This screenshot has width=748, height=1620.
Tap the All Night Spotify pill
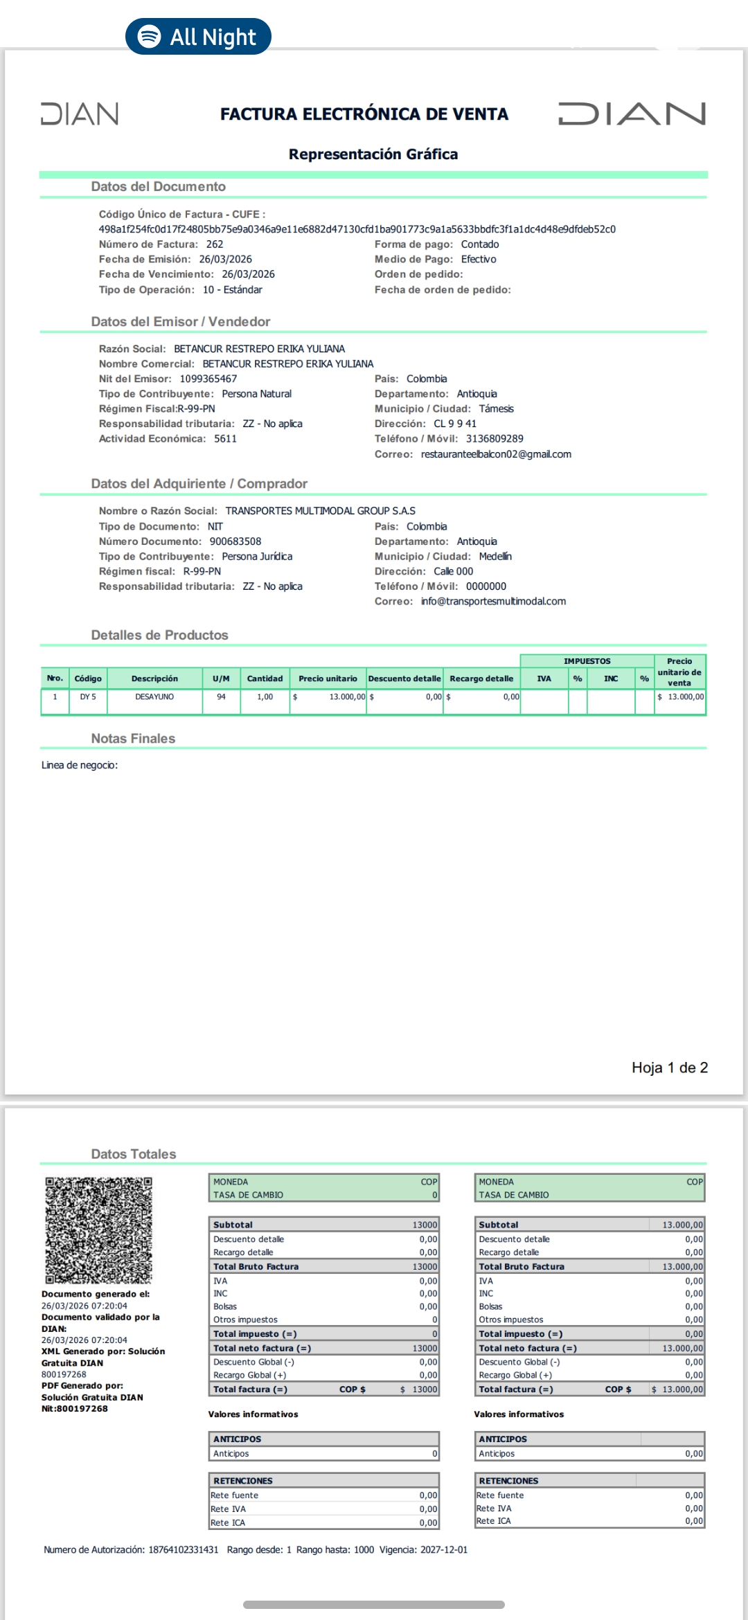point(198,37)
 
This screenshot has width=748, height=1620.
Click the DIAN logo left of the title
point(80,114)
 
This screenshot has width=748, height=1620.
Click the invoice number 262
point(215,244)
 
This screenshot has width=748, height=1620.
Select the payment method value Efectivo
point(479,260)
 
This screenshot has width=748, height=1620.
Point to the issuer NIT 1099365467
point(208,379)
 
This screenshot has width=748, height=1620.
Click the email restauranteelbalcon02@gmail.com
point(496,455)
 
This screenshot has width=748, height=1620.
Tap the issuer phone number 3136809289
point(495,439)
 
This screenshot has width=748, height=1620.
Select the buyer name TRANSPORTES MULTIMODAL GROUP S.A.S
point(320,511)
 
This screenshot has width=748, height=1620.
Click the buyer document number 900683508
point(235,541)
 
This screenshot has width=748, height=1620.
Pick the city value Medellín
point(495,557)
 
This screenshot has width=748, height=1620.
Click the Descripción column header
point(154,679)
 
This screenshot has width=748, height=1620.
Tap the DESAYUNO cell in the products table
point(154,697)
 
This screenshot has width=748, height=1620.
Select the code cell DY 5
point(88,697)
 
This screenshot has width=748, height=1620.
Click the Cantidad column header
point(265,679)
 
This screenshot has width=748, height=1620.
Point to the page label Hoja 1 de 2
point(669,1068)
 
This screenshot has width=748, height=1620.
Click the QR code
point(99,1230)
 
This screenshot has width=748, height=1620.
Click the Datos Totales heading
point(134,1154)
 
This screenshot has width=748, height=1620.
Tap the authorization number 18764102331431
point(183,1550)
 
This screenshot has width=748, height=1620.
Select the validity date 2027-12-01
point(443,1550)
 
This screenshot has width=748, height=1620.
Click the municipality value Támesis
point(496,409)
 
